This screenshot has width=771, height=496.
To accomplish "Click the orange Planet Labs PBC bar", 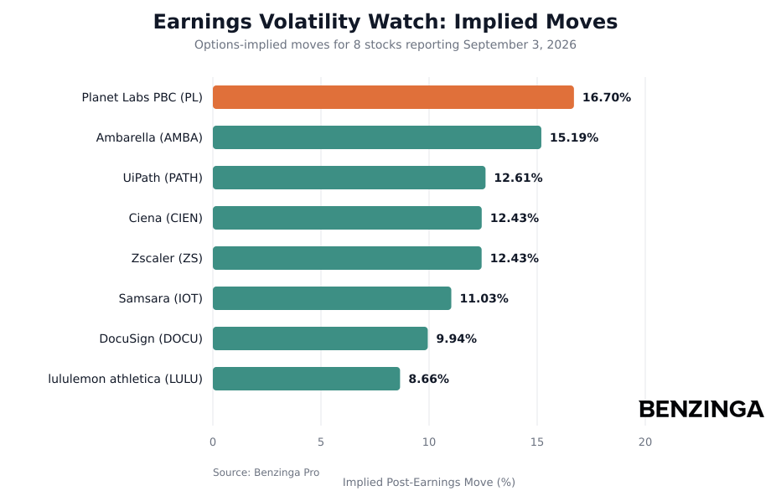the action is tap(393, 97).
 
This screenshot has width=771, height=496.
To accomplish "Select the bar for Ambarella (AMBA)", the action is tap(376, 137).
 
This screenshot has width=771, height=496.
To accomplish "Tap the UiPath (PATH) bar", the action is tap(349, 178).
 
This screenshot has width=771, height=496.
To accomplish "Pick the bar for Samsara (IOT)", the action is tap(332, 298).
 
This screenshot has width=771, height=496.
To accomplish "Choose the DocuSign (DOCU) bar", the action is tap(320, 338).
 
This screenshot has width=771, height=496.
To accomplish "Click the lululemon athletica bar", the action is tap(307, 379).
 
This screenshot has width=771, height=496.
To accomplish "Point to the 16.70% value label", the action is tap(607, 97).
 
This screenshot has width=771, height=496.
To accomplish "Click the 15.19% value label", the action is tap(574, 137).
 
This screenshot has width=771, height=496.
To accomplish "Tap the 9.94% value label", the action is tap(456, 338).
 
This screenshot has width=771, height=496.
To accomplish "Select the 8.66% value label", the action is tap(429, 379).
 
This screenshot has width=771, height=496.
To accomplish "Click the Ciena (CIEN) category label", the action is tap(166, 218).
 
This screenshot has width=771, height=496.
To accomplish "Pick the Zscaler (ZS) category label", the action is tap(167, 258).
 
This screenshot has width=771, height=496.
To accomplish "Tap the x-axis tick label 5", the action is tap(321, 442).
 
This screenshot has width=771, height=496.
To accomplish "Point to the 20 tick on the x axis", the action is tap(645, 442).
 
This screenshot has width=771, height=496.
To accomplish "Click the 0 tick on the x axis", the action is tap(213, 442).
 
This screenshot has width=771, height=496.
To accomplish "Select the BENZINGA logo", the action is tap(701, 409).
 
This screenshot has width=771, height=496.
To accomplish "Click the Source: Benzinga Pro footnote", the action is tap(266, 473).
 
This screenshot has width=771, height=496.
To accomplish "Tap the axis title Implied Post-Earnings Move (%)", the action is tap(429, 483).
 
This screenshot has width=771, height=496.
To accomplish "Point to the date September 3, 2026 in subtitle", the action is tap(520, 44).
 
